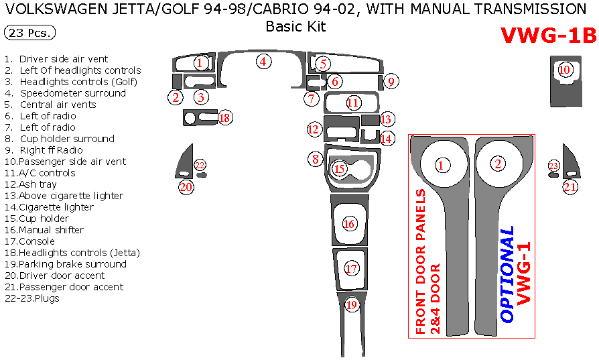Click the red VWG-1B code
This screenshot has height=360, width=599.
coord(548,36)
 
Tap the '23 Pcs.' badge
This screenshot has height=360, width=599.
coord(29,33)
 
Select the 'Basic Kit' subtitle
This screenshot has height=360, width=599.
coord(295,27)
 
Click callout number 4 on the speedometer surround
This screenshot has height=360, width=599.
coord(264,62)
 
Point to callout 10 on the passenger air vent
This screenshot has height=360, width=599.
coord(565,69)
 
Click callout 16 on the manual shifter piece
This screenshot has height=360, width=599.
coord(349,224)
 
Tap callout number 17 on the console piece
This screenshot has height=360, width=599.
coord(352,269)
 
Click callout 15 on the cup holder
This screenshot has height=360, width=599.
coord(340,168)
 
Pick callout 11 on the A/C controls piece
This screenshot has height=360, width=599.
coord(353,103)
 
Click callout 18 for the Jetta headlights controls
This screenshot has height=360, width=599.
coord(224,118)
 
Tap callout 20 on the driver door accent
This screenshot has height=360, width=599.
coord(186,187)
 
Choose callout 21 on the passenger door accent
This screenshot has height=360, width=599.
coord(570,187)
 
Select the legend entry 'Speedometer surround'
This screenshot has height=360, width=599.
coord(72,93)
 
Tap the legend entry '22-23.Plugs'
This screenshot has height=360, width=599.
coord(32,298)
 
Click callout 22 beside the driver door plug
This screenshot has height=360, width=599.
coord(200,165)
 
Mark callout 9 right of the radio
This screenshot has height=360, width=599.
coord(392,82)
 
